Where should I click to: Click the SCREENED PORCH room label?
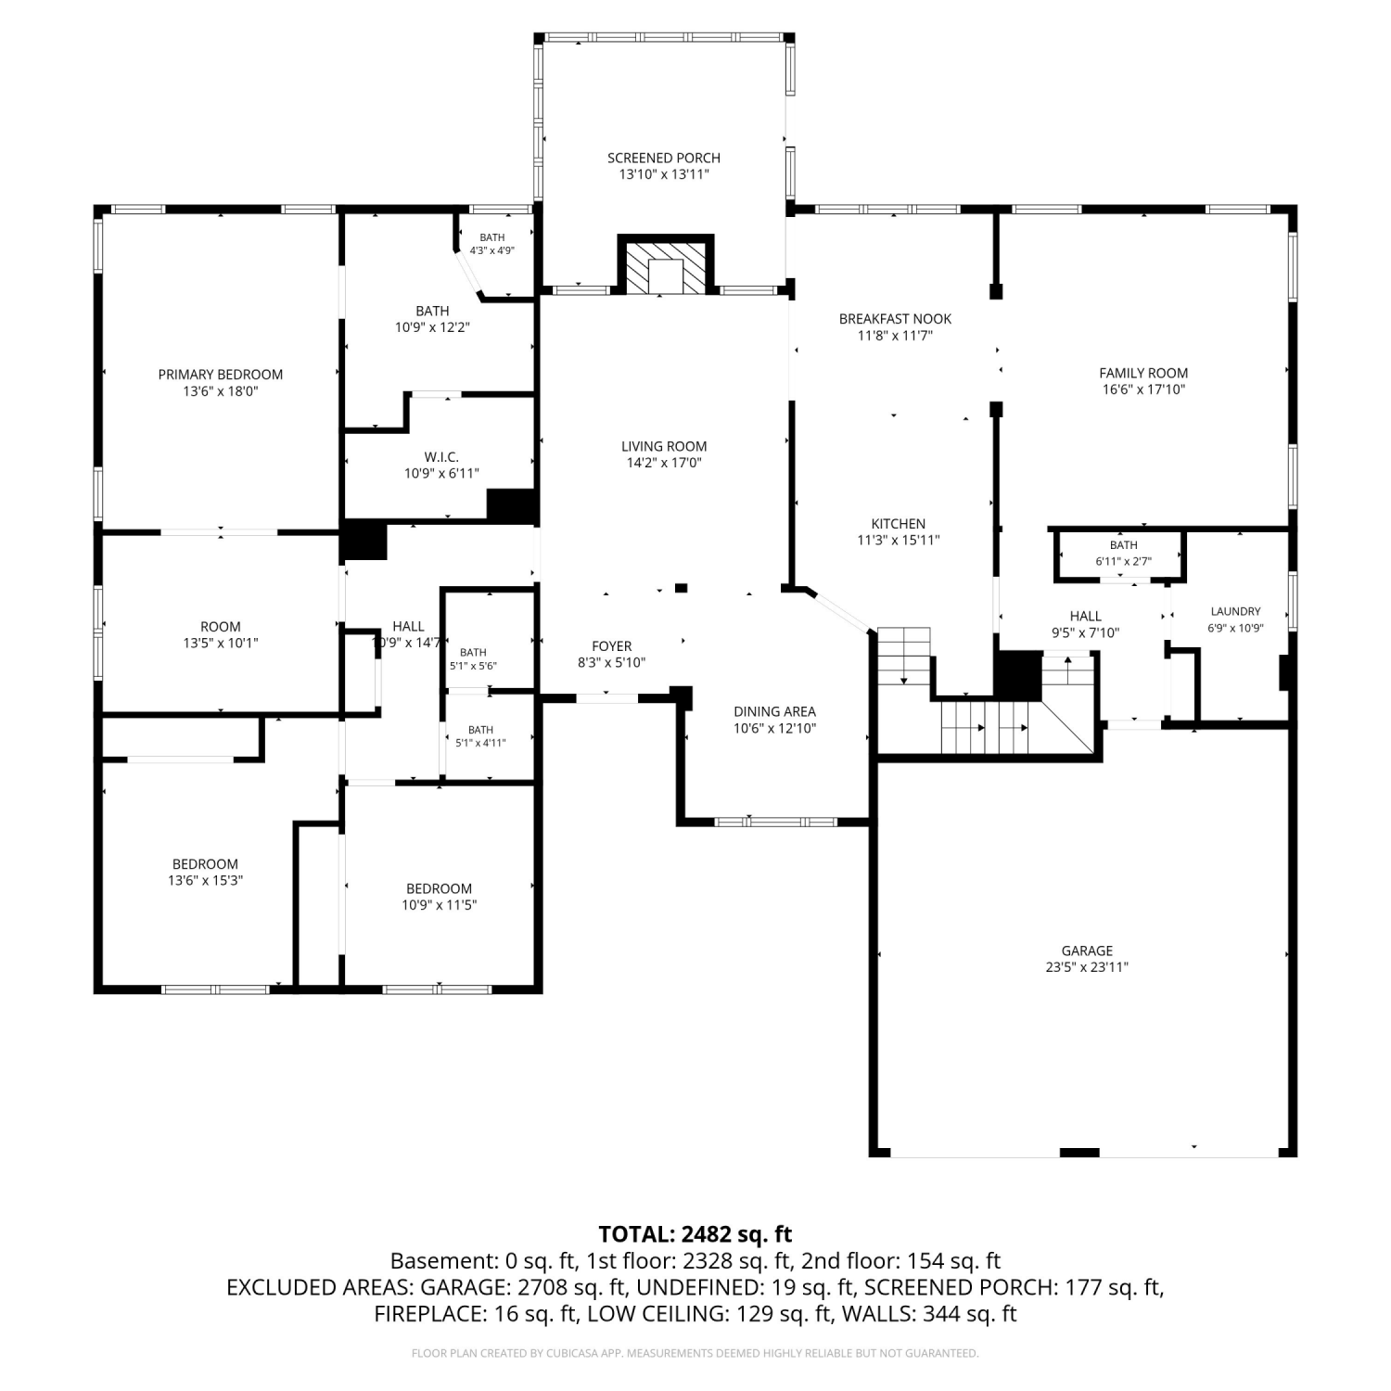click(x=664, y=158)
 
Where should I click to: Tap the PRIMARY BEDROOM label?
click(x=221, y=375)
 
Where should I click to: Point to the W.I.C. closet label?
click(x=441, y=457)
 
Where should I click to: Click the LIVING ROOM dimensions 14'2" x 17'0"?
click(x=664, y=463)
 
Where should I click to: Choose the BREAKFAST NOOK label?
click(x=895, y=319)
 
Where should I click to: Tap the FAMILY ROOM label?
click(x=1143, y=373)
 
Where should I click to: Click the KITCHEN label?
click(x=899, y=524)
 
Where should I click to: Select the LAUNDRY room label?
click(x=1236, y=611)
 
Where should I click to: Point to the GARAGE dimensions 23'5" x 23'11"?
click(x=1087, y=967)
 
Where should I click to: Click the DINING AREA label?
click(x=775, y=712)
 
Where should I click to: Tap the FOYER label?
click(x=612, y=646)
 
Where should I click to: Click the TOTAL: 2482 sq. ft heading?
click(x=695, y=1234)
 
